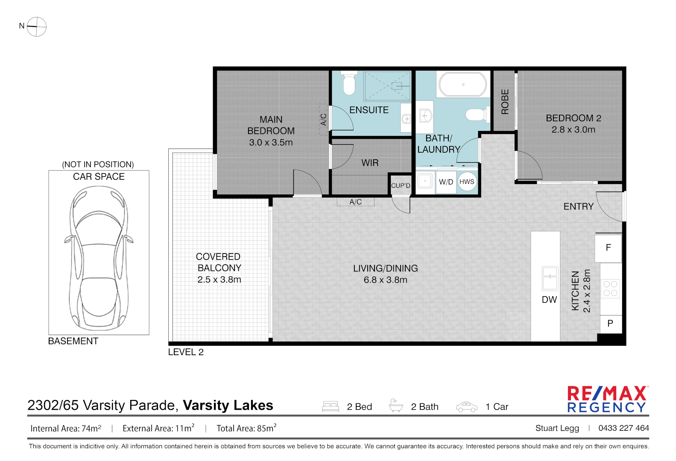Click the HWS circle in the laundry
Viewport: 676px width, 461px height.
coord(467,181)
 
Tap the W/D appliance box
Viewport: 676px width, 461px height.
coord(446,182)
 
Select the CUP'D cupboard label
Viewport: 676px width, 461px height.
coord(401,186)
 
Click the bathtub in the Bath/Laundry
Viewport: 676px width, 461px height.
coord(462,84)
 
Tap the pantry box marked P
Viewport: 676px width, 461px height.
coord(610,324)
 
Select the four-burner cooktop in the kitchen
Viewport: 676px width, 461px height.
coord(610,289)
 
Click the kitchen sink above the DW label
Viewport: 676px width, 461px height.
coord(550,278)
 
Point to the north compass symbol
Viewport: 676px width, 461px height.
coord(36,26)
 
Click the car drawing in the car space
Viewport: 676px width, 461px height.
coord(99,258)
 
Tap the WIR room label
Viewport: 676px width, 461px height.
coord(370,163)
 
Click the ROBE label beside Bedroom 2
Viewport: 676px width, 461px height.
coord(505,102)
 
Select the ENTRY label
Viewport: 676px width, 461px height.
coord(578,207)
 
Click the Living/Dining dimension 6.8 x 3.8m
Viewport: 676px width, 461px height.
coord(385,280)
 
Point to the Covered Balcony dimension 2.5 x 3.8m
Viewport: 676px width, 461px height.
coord(219,280)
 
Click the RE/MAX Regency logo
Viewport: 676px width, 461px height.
coord(608,399)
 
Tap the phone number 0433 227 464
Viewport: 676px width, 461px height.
coord(623,428)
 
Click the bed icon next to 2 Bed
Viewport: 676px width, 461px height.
coord(331,406)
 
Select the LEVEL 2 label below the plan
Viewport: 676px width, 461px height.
coord(186,352)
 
